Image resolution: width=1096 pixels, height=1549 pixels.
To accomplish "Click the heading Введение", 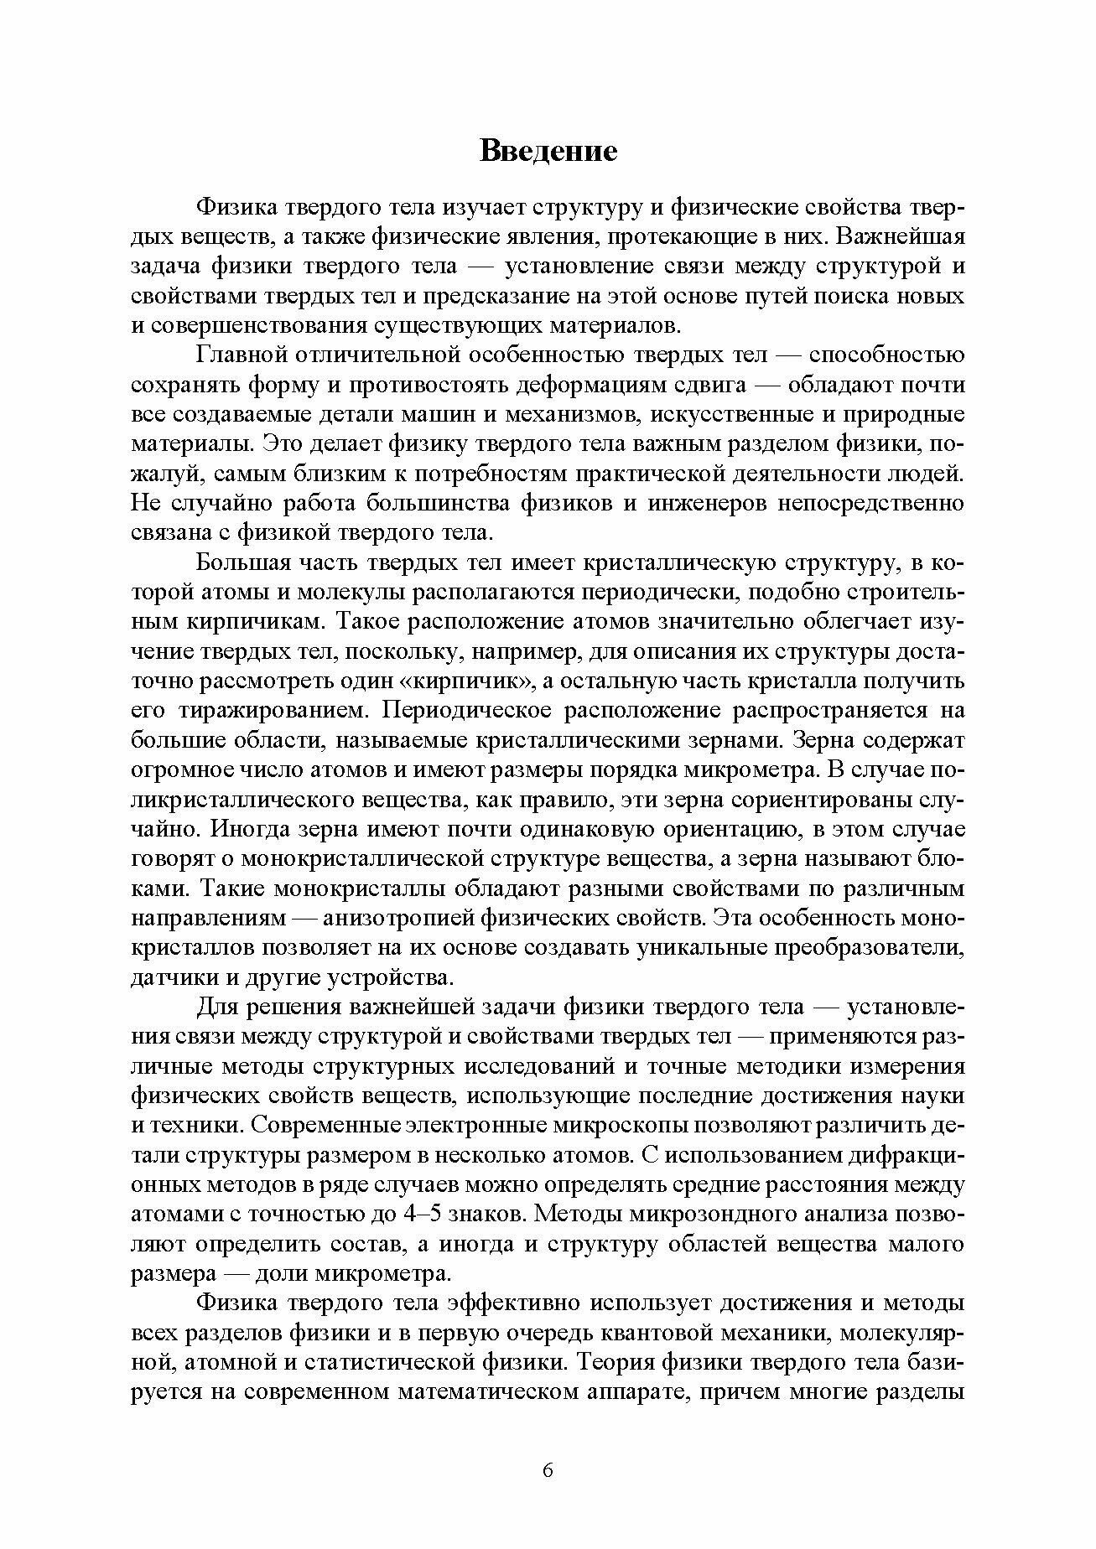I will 548,150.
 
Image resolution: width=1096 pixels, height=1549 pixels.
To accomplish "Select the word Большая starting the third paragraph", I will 243,562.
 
